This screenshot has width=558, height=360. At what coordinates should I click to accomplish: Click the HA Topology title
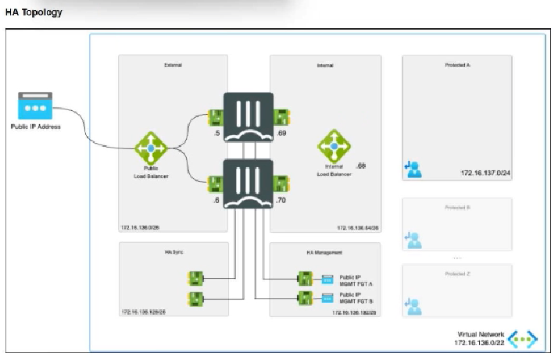click(34, 12)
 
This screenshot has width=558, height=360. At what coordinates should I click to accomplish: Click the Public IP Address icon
click(35, 107)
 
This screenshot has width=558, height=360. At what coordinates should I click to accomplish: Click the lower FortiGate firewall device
click(249, 184)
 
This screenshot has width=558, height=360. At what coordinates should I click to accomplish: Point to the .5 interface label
click(216, 134)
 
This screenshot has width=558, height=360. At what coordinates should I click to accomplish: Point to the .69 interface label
click(283, 134)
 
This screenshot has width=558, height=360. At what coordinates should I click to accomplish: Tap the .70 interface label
click(281, 200)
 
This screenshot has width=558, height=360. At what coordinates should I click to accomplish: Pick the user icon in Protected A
click(413, 167)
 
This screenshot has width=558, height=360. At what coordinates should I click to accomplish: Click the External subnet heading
click(173, 66)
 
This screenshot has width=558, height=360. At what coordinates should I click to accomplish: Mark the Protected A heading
click(457, 66)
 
